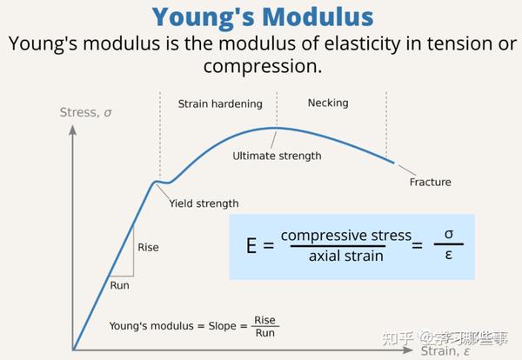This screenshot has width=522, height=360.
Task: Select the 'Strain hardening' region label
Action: coord(220,104)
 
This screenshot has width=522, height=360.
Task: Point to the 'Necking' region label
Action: coord(327,103)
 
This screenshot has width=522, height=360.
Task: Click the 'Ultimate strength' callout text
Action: coord(277,157)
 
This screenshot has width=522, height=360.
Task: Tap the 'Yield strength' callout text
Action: coord(204,203)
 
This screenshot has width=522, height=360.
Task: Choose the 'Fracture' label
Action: coord(430,183)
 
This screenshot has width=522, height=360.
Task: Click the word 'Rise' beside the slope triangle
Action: coord(148,248)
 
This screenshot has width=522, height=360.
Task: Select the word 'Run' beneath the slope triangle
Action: coord(121,285)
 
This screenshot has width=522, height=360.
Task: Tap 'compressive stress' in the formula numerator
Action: coord(345,236)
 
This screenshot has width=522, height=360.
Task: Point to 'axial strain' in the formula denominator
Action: coord(345,257)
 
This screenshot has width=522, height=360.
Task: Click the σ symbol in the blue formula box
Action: coord(448,235)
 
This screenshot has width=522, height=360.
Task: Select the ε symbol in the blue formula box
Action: coord(448,257)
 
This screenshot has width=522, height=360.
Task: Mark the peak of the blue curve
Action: coord(275,129)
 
